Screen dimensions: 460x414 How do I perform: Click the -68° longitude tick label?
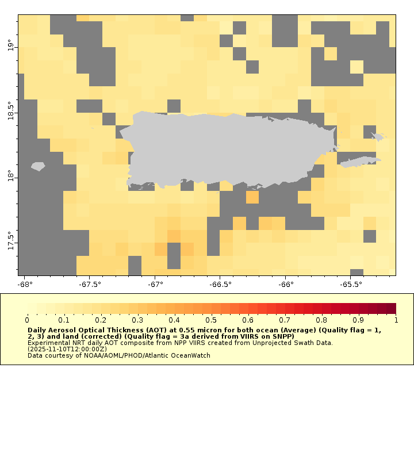[25, 284]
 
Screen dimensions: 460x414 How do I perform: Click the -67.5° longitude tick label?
[90, 284]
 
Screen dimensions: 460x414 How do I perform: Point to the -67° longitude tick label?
[155, 284]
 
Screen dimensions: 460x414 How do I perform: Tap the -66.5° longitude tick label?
[221, 284]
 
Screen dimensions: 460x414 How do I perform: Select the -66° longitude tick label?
[286, 284]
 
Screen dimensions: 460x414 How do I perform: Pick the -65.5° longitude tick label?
[351, 284]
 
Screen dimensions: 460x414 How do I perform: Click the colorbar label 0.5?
[212, 320]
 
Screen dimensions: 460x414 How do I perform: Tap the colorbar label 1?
[396, 320]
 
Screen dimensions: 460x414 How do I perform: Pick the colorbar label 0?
[27, 320]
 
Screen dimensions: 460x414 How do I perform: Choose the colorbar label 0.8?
[322, 320]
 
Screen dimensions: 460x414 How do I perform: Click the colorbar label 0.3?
[137, 320]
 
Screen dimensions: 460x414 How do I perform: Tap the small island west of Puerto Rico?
[38, 166]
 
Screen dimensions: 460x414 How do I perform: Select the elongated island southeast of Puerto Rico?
[360, 162]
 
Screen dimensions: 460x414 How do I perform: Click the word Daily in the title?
[37, 331]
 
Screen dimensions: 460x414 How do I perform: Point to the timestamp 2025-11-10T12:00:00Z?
[68, 349]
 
